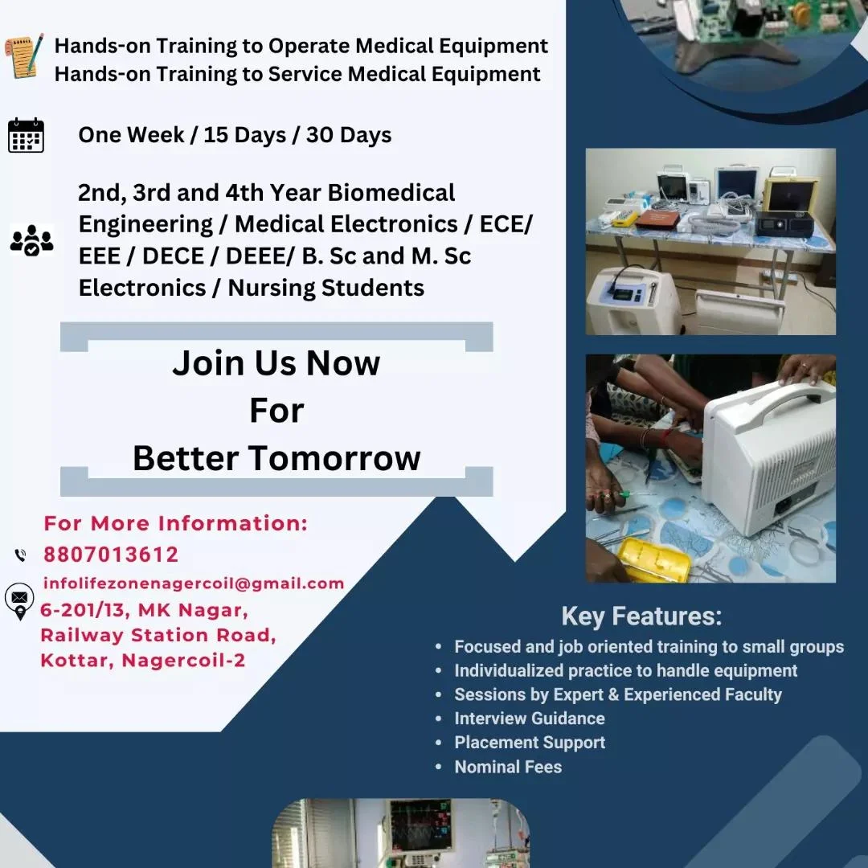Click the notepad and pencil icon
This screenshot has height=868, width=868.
[24, 55]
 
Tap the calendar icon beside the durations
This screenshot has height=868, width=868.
[26, 135]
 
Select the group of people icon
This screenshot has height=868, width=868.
[31, 240]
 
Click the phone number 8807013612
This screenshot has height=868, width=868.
[111, 554]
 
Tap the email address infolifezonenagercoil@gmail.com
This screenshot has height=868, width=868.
[194, 583]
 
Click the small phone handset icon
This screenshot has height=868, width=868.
[20, 555]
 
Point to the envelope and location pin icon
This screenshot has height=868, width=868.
[19, 602]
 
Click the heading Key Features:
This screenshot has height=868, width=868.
[641, 616]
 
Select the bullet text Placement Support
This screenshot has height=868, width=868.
[530, 743]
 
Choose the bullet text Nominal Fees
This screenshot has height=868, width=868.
[508, 767]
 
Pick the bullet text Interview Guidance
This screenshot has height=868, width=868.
[530, 719]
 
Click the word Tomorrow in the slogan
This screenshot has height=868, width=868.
[334, 458]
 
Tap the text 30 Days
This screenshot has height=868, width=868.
[349, 134]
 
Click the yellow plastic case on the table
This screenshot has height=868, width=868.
[654, 560]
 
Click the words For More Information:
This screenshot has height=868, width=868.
[175, 523]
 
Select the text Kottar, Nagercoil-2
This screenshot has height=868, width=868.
[143, 661]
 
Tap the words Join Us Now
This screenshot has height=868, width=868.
[276, 363]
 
